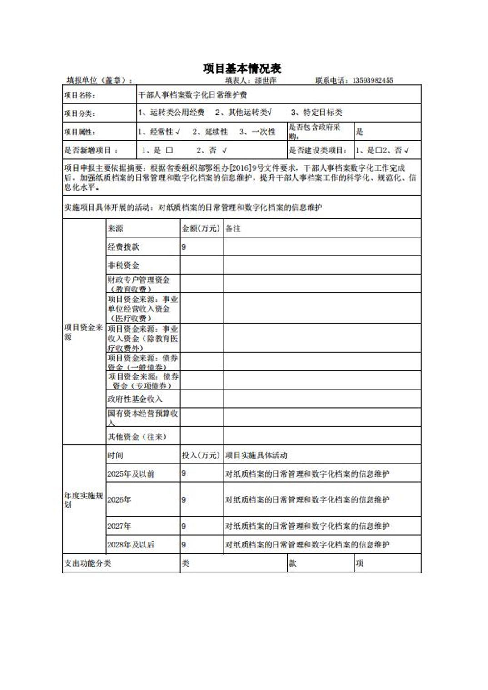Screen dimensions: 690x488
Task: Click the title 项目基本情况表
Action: [x=242, y=69]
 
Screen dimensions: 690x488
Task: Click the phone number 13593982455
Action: [x=373, y=81]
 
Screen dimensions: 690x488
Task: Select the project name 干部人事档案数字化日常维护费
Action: [x=193, y=95]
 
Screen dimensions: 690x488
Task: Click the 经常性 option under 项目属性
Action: [x=162, y=132]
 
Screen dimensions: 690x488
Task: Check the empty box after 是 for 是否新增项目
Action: [x=169, y=150]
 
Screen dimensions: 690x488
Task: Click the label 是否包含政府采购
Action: [x=314, y=131]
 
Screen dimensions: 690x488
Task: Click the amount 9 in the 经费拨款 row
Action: [x=184, y=247]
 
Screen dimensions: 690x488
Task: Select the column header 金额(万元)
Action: [x=201, y=228]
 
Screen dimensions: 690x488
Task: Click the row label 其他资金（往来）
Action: [x=137, y=437]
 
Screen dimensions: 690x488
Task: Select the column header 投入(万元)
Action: [x=201, y=455]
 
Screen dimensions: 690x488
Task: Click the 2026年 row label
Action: [x=119, y=500]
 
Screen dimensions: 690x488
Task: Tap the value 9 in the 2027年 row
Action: [x=184, y=527]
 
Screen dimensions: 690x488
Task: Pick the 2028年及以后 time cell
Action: [x=131, y=545]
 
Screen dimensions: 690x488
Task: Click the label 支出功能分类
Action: [x=88, y=563]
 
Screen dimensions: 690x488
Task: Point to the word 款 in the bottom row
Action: [x=293, y=563]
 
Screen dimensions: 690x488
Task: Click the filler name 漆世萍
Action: [x=265, y=81]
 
